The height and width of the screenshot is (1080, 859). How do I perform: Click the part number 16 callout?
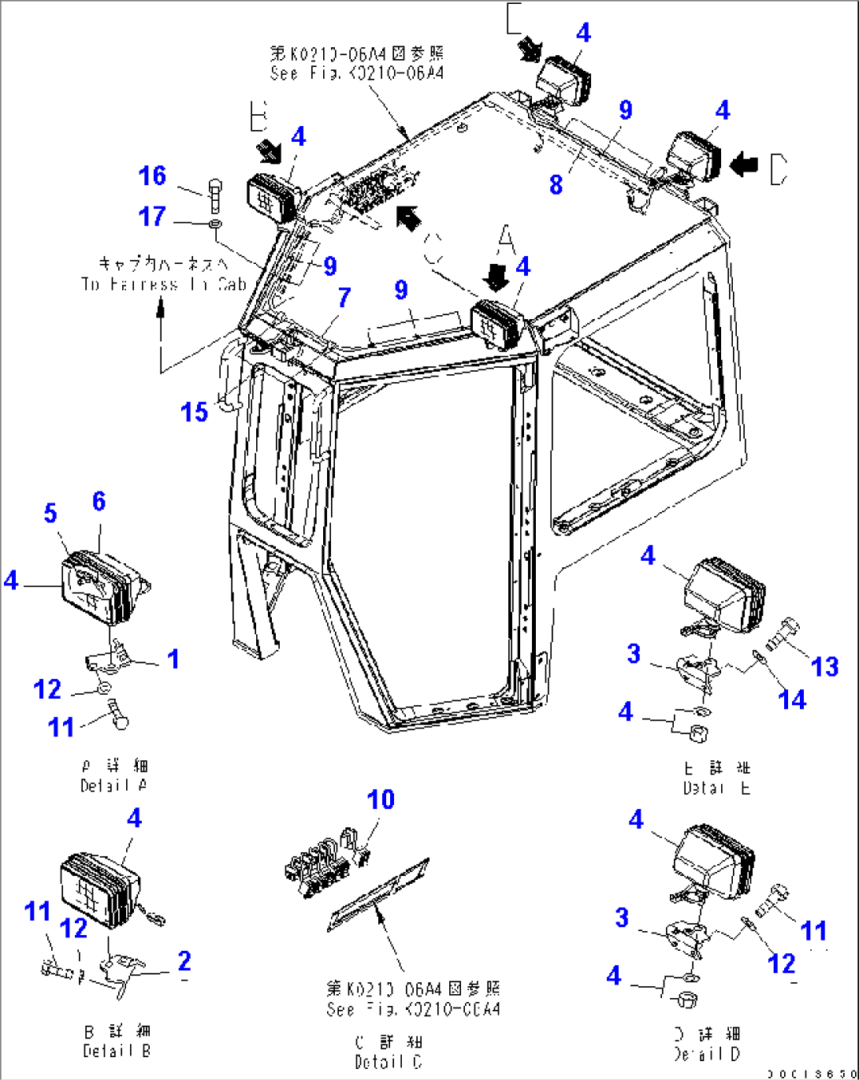click(152, 176)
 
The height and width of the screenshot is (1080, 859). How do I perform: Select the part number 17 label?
click(152, 216)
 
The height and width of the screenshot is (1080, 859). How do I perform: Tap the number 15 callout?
click(194, 411)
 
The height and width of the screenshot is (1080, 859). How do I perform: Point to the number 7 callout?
click(344, 298)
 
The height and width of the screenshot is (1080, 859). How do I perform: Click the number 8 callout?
click(556, 184)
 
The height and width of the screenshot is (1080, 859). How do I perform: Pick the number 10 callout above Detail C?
click(381, 800)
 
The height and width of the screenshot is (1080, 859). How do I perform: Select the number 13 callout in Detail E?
click(824, 666)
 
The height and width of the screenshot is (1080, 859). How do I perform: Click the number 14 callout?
click(792, 699)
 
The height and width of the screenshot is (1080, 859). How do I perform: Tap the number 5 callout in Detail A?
click(50, 514)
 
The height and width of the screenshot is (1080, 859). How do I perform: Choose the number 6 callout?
click(99, 501)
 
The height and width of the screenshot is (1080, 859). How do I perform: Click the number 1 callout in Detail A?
click(173, 659)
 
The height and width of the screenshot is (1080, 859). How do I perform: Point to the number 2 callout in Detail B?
click(184, 960)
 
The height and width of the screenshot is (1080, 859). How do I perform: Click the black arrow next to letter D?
click(744, 165)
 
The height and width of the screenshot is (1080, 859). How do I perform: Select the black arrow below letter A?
click(496, 277)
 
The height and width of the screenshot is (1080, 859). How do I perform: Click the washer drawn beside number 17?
click(214, 226)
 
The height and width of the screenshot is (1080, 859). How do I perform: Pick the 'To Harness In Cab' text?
click(163, 284)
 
